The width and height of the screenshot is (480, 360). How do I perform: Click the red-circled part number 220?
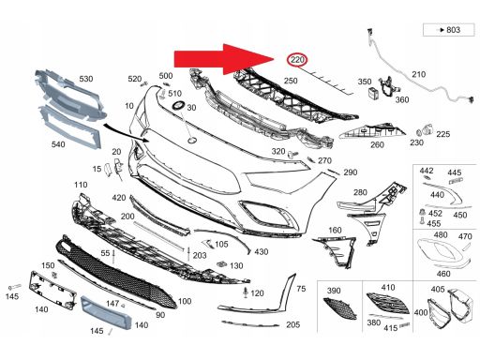[x=297, y=62]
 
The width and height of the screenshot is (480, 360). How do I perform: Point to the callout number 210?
[x=418, y=74]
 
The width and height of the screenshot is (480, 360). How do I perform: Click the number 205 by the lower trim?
[x=292, y=323]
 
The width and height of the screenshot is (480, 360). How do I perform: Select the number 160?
[x=334, y=230]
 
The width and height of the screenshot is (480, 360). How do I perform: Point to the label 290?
[x=350, y=173]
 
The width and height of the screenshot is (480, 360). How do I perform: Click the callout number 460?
[x=443, y=273]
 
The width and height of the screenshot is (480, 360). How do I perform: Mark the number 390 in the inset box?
[x=334, y=292]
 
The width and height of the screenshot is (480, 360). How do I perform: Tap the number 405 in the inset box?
[x=438, y=289]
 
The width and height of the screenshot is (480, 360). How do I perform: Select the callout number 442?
[x=427, y=172]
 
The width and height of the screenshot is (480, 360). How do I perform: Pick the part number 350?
[x=365, y=82]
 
